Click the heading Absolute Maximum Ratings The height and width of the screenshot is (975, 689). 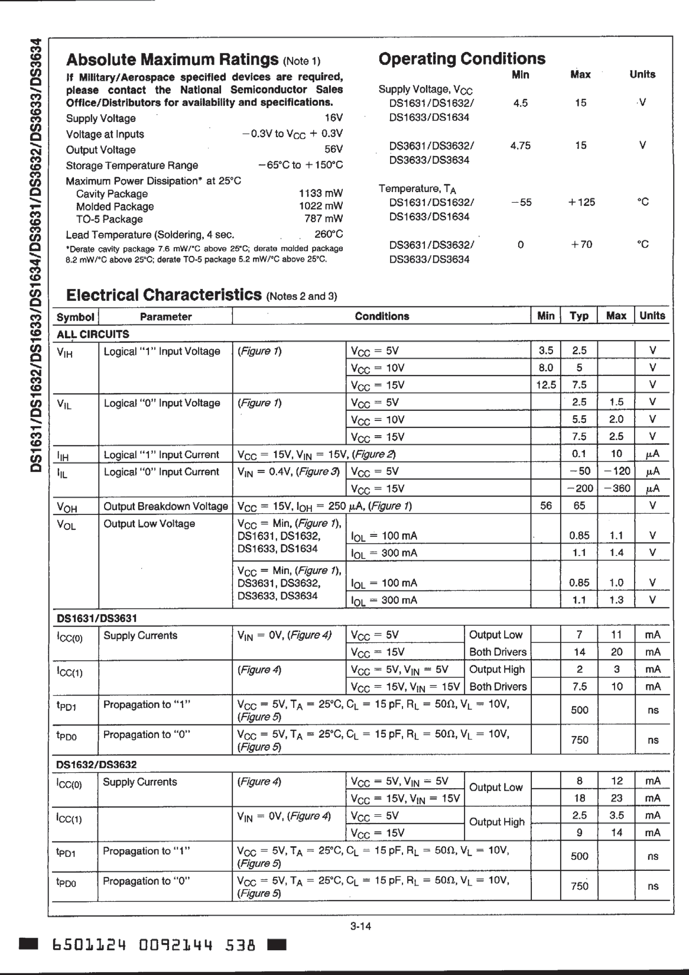click(172, 60)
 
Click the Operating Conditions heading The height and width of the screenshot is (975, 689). click(461, 59)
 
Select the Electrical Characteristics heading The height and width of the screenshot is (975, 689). click(164, 295)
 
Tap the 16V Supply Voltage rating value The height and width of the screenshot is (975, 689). click(334, 118)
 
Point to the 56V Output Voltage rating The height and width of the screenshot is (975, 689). click(333, 150)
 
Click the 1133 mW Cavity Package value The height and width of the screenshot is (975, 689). click(321, 193)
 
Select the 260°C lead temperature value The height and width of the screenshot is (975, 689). click(329, 234)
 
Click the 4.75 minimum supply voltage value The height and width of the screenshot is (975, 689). click(520, 145)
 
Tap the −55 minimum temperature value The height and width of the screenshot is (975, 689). click(521, 202)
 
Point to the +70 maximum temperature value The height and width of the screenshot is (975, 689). click(580, 245)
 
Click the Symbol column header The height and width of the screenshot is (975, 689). click(75, 317)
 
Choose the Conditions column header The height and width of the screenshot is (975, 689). click(382, 316)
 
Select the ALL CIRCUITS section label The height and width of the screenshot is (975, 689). click(93, 334)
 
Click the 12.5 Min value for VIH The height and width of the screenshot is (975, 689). click(546, 385)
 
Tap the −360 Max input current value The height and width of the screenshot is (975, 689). click(616, 488)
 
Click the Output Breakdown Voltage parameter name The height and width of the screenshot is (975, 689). click(165, 506)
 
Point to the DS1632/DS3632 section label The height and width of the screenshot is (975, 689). click(96, 765)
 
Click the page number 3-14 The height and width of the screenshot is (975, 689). click(360, 926)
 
